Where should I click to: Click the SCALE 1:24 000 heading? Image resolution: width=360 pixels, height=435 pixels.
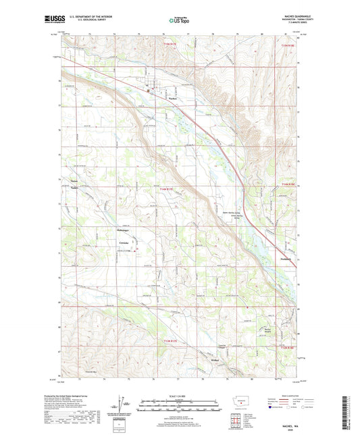tap(180, 395)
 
